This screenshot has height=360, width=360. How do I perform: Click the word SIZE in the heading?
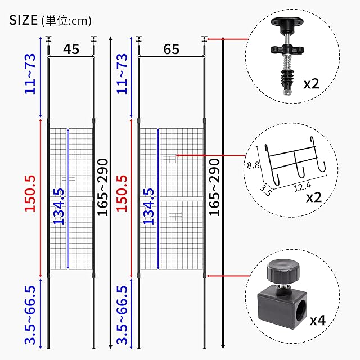(23, 20)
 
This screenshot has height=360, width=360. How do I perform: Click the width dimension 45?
(71, 49)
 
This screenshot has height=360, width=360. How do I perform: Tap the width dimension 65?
(171, 49)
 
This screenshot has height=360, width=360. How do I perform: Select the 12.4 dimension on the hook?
(303, 186)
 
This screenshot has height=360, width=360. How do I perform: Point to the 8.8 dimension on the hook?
(253, 165)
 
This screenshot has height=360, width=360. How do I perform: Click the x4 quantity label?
(318, 320)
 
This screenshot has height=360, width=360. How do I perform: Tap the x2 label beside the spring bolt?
(311, 84)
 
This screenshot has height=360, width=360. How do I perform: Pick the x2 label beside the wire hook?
(314, 197)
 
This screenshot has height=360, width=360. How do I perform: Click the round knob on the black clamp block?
(283, 271)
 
